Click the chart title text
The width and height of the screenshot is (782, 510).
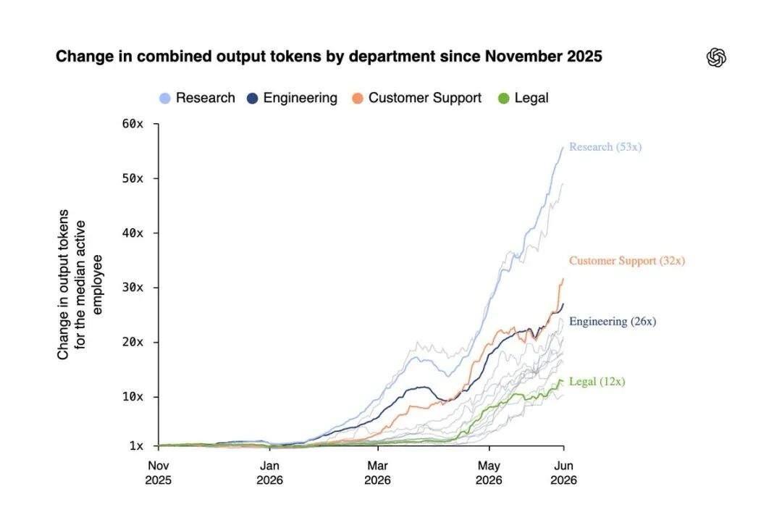point(329,57)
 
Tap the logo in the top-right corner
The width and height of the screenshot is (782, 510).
point(716,57)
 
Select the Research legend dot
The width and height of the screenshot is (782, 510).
point(164,99)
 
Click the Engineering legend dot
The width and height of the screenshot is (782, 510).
point(253,99)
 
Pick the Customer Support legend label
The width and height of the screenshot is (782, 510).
point(425,98)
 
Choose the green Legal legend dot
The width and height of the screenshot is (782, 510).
point(504,99)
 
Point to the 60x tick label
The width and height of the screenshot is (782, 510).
point(133,124)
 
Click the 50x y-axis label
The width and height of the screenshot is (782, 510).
point(133,178)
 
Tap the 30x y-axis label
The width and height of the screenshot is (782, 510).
point(133,288)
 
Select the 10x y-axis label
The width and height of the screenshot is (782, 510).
point(133,397)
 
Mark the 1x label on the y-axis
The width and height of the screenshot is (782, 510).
point(136,446)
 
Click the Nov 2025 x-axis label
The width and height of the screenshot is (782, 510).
point(158,472)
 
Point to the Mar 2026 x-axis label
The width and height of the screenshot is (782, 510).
point(377,472)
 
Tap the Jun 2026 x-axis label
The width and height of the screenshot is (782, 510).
point(563,472)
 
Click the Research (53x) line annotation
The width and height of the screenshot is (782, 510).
point(605,147)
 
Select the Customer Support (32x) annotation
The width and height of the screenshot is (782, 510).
point(627,261)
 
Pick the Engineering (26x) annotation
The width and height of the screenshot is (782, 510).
point(613,322)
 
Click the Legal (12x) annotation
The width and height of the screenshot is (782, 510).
point(597,382)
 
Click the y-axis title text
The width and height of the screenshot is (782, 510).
point(80,285)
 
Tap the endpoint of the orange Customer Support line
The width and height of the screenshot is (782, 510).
point(563,278)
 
